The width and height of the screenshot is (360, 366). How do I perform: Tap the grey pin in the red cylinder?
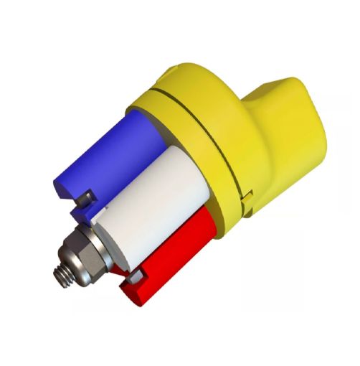132,276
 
